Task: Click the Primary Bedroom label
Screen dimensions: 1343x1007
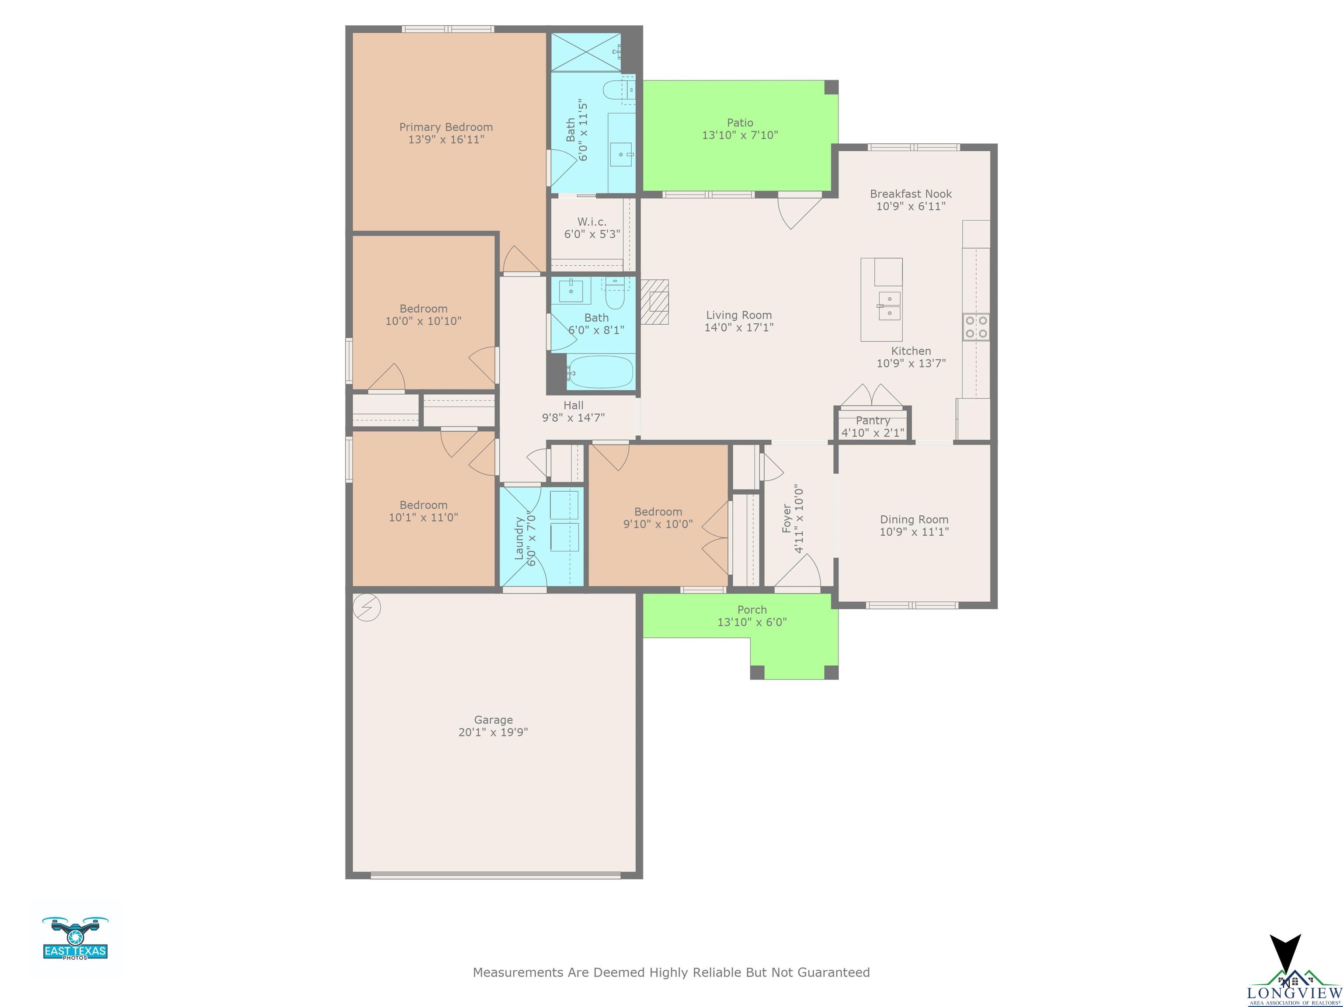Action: coord(445,127)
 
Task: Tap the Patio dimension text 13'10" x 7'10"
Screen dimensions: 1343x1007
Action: coord(740,135)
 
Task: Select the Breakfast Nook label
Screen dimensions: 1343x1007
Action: coord(911,194)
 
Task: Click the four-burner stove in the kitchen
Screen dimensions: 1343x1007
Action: coord(976,326)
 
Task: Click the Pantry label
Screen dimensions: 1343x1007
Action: coord(873,420)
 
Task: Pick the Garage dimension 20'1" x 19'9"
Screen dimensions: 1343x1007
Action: coord(493,732)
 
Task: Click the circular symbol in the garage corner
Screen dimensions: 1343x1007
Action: coord(366,608)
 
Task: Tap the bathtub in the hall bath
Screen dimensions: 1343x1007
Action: coord(600,372)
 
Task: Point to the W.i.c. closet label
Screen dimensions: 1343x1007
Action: coord(592,222)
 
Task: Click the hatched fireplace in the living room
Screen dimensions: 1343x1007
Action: coord(655,302)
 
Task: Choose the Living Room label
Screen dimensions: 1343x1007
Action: coord(739,315)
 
